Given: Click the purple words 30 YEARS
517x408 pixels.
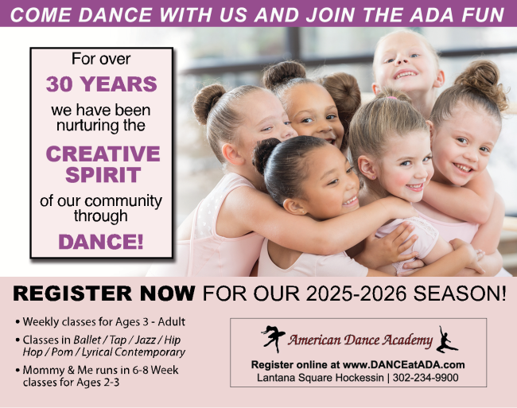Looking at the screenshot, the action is point(101,84).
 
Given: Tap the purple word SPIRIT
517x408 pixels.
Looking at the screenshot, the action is point(103,174).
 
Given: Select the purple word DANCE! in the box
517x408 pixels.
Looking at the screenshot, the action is point(101,242).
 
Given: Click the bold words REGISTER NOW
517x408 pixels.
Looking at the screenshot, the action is point(104,293).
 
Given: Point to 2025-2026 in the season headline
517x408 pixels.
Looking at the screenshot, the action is point(356,293).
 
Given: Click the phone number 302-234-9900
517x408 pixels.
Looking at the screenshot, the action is point(426,377).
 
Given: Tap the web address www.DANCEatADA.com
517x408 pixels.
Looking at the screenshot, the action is point(403,364).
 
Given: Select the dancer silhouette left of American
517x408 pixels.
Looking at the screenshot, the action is point(273,339).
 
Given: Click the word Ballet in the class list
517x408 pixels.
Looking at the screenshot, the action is point(87,340).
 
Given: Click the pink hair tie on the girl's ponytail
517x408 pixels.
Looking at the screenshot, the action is point(391,98).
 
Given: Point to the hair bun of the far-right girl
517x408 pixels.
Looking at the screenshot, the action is point(482,83).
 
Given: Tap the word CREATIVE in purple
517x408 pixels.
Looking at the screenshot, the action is point(103,153).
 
